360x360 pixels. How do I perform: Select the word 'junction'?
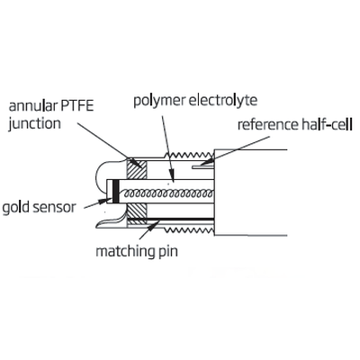coord(34,124)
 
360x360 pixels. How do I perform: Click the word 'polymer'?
coord(159,101)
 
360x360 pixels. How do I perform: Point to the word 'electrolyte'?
coord(223,100)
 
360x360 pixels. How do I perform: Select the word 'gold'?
coord(15,208)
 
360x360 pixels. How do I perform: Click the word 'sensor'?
coord(54,208)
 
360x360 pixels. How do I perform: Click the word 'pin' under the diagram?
coord(167,251)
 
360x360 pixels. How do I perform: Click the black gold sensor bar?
coord(115,192)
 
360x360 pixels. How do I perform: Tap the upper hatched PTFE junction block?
coord(137,168)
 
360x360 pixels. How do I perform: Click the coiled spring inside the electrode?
coord(169,193)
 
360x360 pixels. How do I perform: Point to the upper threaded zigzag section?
coord(189,156)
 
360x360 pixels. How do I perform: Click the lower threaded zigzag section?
coord(189,230)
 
